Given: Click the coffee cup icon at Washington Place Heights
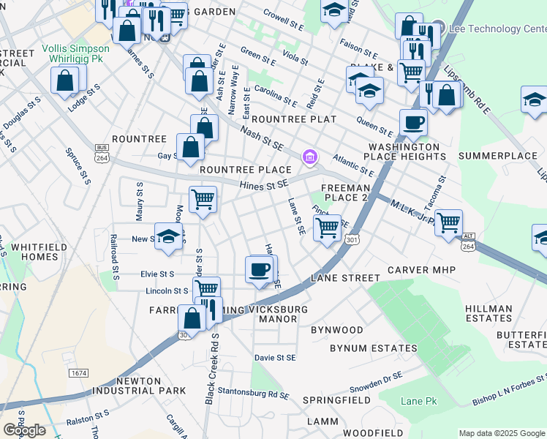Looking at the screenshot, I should pyautogui.click(x=413, y=122).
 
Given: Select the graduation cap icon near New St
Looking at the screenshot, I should pyautogui.click(x=168, y=237).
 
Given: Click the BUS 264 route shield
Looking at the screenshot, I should pyautogui.click(x=102, y=154).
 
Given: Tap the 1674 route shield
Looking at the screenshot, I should pyautogui.click(x=78, y=373).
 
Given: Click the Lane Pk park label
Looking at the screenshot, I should pyautogui.click(x=418, y=402).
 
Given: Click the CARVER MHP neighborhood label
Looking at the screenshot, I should pyautogui.click(x=421, y=270).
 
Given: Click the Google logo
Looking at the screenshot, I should pyautogui.click(x=24, y=430).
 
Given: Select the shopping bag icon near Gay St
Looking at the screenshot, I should pyautogui.click(x=190, y=146).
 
